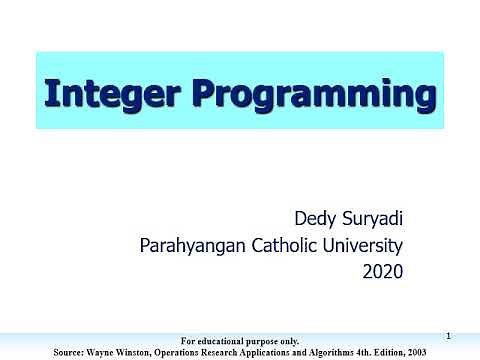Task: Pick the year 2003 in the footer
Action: tap(452, 352)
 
